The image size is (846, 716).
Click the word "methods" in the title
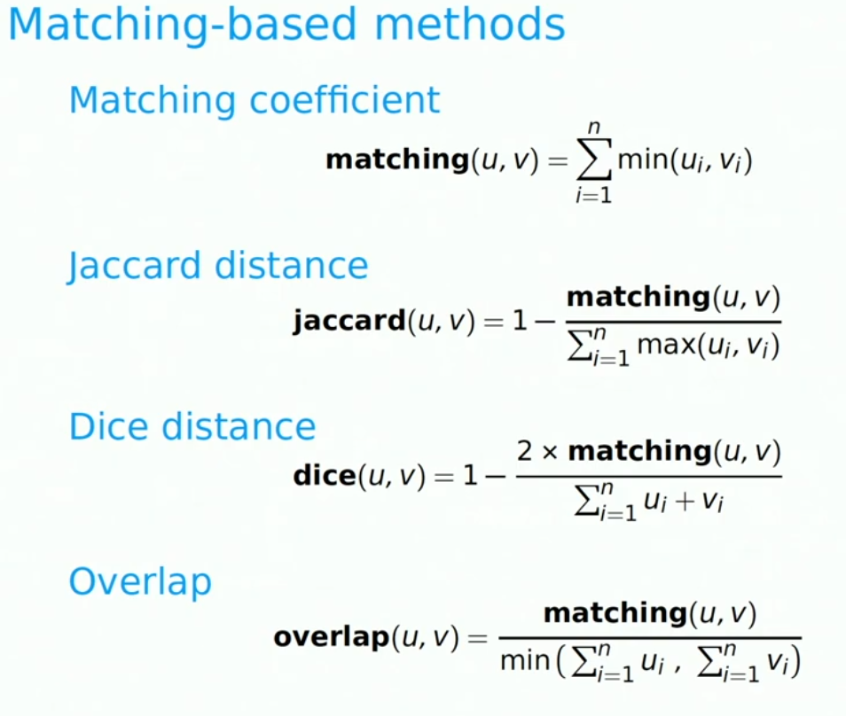469,24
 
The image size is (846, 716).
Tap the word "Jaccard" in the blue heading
134,267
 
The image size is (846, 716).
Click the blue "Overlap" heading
140,582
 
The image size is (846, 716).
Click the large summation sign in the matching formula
593,160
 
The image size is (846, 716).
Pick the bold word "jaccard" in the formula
349,322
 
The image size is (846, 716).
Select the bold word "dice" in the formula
325,476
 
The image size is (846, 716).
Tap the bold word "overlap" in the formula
332,638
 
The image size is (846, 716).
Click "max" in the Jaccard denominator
666,345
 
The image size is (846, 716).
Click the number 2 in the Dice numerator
524,451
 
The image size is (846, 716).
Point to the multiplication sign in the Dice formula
550,452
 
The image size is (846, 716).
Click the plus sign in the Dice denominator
684,502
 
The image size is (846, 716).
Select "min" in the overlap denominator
524,660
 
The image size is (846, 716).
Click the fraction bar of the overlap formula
650,638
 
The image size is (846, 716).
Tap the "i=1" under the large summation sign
593,195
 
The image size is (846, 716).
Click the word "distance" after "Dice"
239,426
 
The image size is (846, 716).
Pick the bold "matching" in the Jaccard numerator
638,298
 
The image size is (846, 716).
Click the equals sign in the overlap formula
477,639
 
